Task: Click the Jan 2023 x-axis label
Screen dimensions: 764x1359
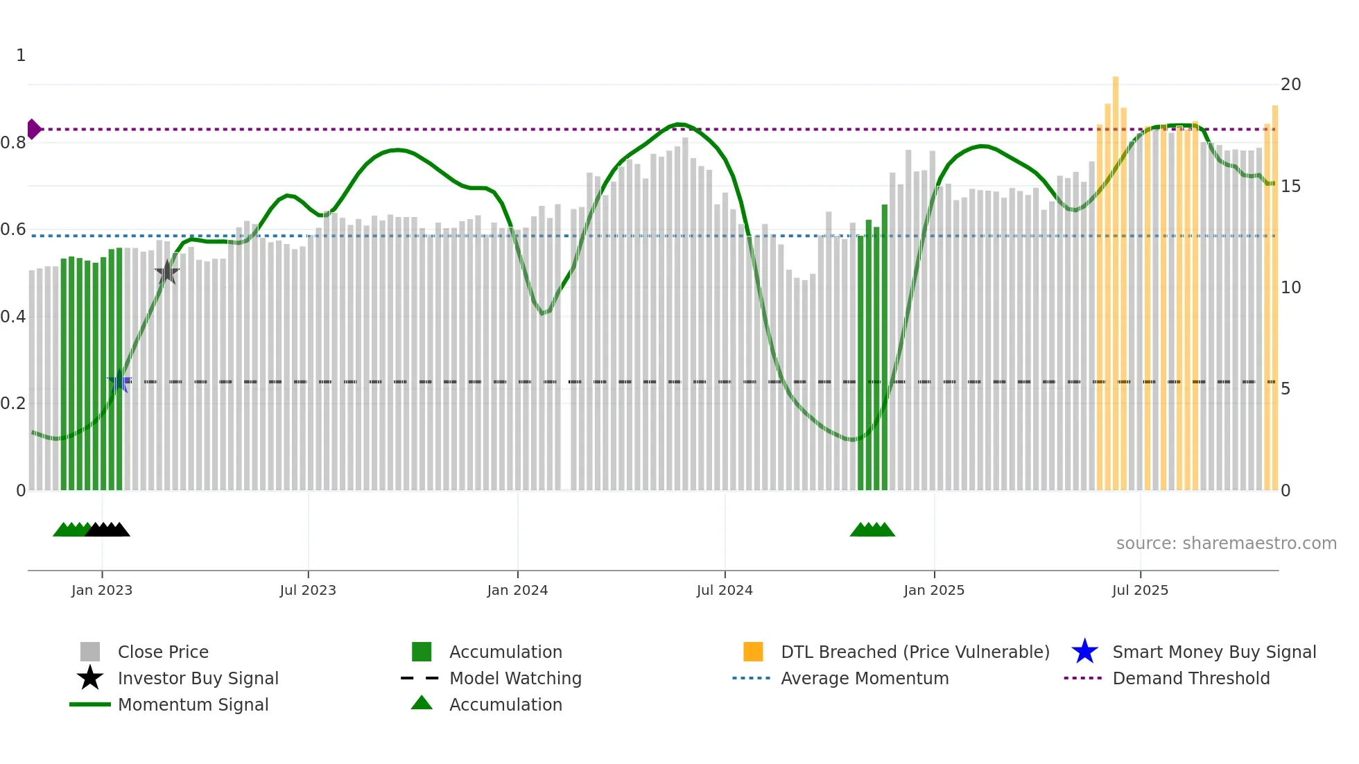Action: click(102, 590)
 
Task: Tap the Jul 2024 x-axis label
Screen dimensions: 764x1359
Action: click(725, 590)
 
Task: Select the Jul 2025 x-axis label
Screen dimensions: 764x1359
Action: click(1140, 590)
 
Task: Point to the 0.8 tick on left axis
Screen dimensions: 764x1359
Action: click(13, 143)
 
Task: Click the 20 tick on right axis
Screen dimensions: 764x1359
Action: click(1290, 85)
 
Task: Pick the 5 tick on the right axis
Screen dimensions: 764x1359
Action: click(1286, 389)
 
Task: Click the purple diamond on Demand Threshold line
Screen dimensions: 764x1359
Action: click(33, 129)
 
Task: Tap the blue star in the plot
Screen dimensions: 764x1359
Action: click(119, 381)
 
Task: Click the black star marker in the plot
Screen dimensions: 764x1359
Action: click(167, 272)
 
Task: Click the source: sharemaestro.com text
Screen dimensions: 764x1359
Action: click(1226, 544)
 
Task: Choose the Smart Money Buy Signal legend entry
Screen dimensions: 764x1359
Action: click(1213, 652)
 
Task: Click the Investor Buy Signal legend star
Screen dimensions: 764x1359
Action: click(90, 678)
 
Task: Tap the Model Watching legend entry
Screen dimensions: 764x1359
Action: click(514, 678)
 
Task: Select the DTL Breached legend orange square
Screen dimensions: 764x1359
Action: click(753, 652)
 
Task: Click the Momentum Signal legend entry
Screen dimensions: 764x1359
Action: click(193, 704)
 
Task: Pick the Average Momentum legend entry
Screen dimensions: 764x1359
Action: click(864, 678)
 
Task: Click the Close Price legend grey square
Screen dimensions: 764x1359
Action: click(90, 652)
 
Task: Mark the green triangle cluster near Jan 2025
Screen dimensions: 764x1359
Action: click(872, 530)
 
